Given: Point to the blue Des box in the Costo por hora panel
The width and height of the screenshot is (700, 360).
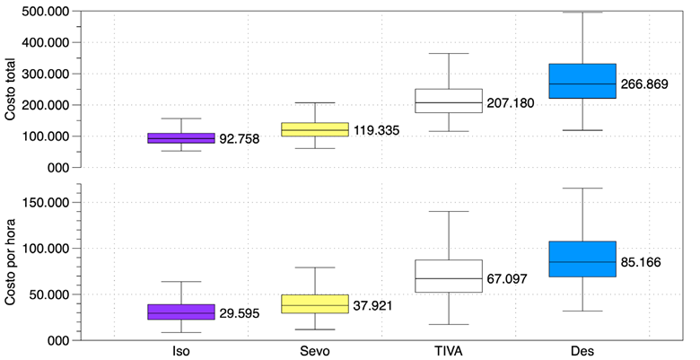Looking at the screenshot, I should tap(582, 259).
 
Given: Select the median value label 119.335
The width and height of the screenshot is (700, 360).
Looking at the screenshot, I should tap(375, 131).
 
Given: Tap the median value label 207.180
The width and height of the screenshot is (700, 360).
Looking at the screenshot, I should tap(510, 103).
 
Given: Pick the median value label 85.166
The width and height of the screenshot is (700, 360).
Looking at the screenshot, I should tap(643, 263).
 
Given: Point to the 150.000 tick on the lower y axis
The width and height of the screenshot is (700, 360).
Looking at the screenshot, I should tap(48, 202).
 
